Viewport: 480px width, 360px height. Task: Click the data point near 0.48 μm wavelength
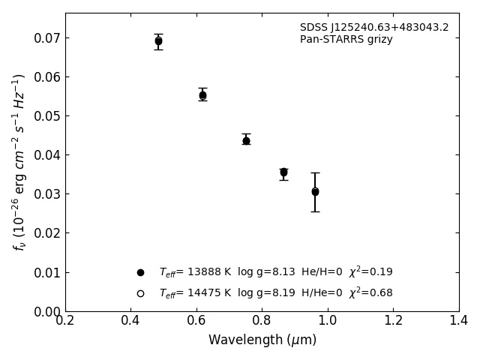click(158, 41)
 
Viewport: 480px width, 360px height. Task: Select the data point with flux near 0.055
click(202, 95)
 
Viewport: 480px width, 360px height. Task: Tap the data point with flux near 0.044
click(246, 140)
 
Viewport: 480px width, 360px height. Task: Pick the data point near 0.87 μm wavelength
click(283, 172)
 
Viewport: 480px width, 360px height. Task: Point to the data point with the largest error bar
click(315, 192)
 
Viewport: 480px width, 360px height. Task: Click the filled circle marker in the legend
click(140, 272)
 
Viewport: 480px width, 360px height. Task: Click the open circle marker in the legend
click(140, 293)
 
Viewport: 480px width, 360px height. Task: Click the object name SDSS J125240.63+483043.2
click(374, 28)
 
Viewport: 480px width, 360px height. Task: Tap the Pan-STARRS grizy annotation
click(346, 40)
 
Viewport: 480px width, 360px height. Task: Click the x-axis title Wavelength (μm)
click(262, 340)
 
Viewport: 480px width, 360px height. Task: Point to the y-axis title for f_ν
click(19, 161)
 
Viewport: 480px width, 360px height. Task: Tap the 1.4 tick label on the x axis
click(459, 321)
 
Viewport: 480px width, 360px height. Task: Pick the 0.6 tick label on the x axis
click(196, 321)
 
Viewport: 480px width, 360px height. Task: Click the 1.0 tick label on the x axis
click(328, 321)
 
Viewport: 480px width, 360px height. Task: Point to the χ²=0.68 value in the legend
click(370, 292)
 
